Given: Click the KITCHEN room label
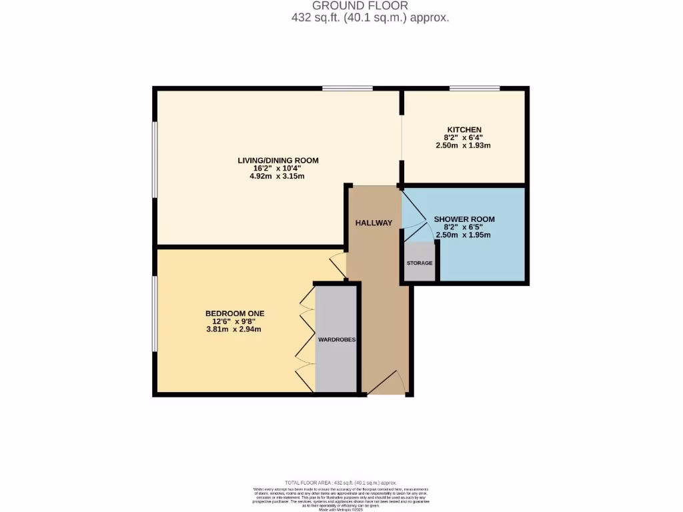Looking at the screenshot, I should coord(464,129).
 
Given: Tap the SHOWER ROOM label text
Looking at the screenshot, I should coord(464,219).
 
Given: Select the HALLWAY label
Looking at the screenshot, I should coord(374,223).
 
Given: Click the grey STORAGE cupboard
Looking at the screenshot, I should coord(420,262).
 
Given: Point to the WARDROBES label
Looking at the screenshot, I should coord(337,339).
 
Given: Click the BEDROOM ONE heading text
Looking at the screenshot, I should coord(235,313).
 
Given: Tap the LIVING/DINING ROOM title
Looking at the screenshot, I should coord(278,160).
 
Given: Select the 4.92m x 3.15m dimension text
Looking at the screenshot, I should coord(278,176).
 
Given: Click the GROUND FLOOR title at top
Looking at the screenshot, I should coord(370,6).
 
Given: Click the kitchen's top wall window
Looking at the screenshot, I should coord(474,88).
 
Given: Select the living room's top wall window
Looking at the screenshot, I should coord(348,88).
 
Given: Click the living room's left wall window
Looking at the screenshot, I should coord(155,160).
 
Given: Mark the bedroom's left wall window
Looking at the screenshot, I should coord(155,313).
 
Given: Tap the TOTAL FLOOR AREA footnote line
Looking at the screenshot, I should coord(341,483).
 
